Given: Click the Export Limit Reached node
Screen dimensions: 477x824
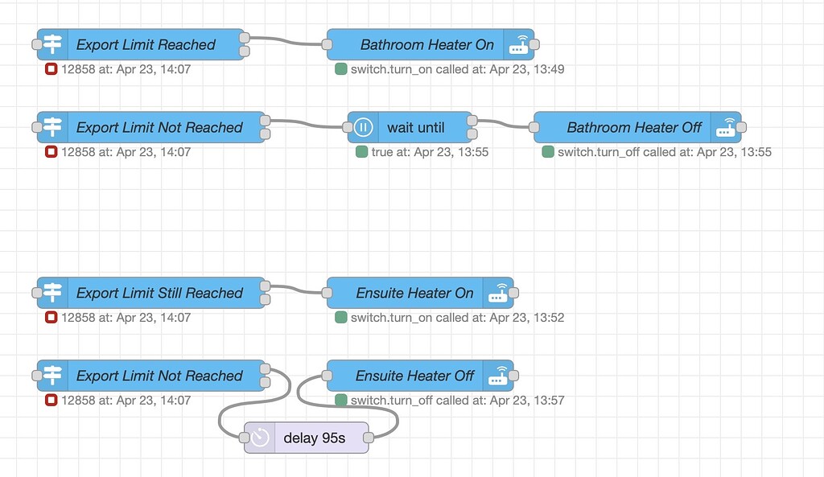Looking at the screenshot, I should (145, 45).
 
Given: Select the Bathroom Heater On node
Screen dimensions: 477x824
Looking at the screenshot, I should (426, 45).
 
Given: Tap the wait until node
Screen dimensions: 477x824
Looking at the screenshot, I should (415, 127).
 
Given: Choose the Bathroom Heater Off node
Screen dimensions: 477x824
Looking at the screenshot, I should (634, 127).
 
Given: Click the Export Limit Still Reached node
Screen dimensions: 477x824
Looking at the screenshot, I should (159, 293).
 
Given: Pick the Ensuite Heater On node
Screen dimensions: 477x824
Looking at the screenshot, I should (414, 293).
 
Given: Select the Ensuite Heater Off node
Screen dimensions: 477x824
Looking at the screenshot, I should (414, 376).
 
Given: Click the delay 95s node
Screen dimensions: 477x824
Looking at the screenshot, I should (314, 438).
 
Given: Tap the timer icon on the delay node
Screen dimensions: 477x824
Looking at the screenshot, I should (260, 438).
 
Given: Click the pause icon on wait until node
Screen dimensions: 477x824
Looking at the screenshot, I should (363, 127).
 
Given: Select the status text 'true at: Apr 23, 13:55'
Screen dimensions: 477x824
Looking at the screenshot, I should (430, 151).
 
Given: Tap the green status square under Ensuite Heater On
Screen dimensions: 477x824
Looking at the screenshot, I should (340, 318).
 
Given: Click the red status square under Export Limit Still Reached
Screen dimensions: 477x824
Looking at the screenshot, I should (51, 318).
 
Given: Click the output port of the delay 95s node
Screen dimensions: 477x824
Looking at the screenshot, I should (369, 438).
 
